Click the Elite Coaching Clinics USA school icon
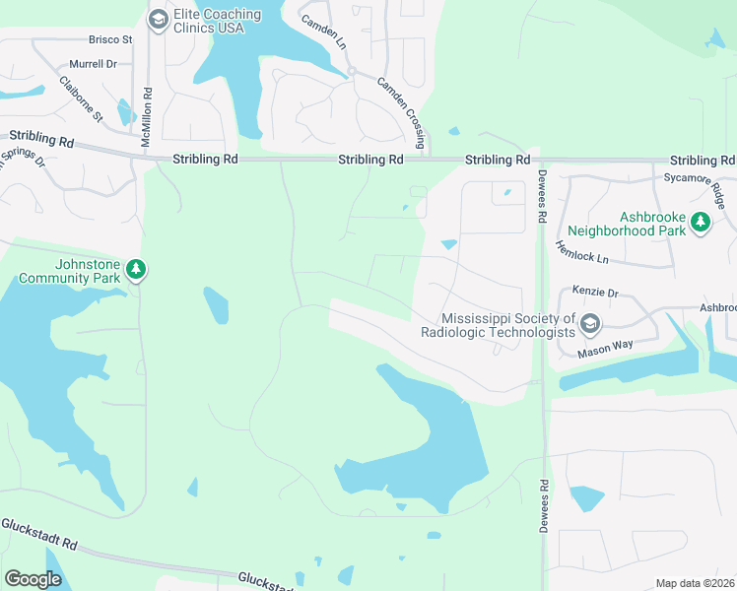[x=158, y=20]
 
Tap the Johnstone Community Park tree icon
[x=136, y=269]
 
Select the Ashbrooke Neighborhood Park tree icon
[x=701, y=223]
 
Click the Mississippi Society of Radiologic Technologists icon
[x=590, y=324]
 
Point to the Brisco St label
[x=110, y=39]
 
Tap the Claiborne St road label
[x=81, y=98]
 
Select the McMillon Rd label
[x=146, y=118]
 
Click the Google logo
[x=33, y=579]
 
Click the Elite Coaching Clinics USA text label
[x=217, y=21]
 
